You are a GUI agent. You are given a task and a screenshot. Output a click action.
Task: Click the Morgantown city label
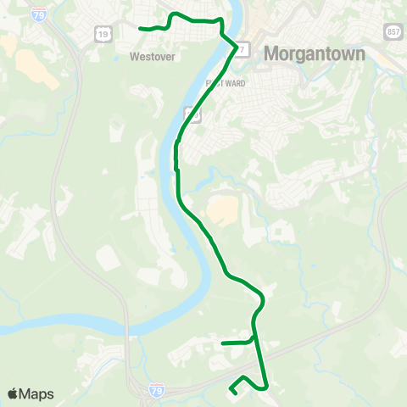coord(315,53)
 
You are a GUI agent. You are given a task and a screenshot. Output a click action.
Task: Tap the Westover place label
coord(152,58)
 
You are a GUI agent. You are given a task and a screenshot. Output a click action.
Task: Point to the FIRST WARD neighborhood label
coord(224,83)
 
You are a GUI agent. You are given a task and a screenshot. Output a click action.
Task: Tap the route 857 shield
coord(391,31)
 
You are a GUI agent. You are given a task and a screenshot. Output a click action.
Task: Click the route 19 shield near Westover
coord(103,32)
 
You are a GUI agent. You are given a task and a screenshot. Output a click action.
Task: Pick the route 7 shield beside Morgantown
coord(243,49)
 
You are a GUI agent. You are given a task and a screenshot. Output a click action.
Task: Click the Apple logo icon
coord(13,393)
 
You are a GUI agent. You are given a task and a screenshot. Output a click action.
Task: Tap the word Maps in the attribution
coord(37,394)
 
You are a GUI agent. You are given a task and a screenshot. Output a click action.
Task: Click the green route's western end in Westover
coord(140,29)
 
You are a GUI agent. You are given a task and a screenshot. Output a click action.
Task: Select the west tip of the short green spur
coord(222,343)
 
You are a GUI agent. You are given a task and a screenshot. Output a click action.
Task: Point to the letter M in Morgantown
coord(273,53)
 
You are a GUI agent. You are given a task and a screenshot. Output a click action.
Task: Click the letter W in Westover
coord(135,58)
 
